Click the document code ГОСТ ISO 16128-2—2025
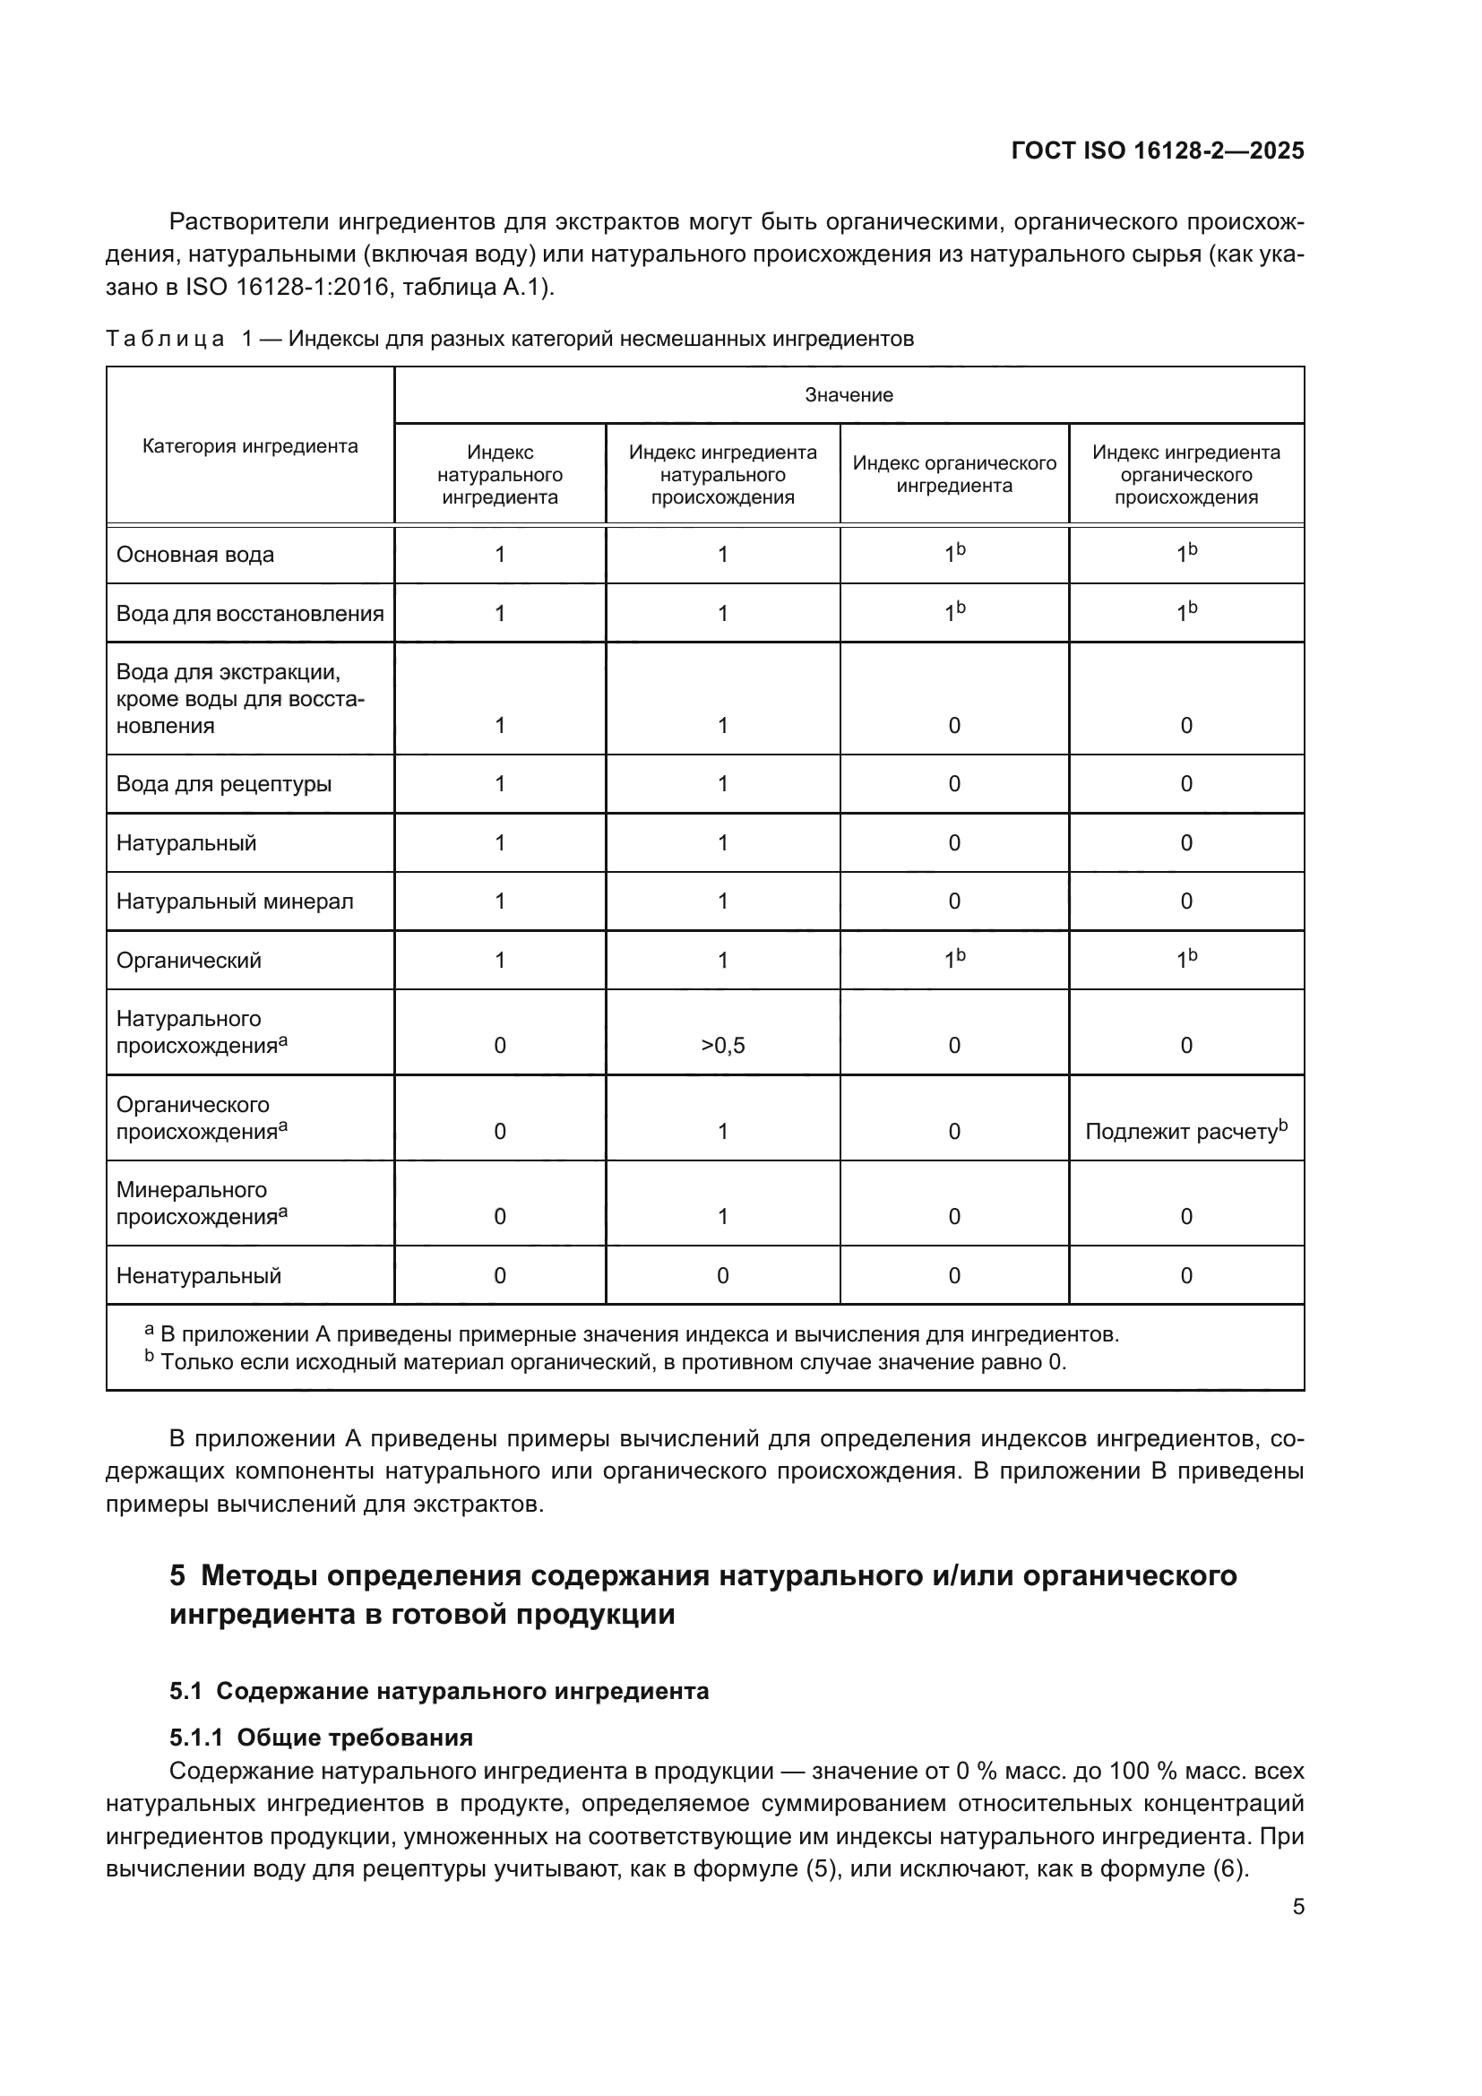coord(1157,151)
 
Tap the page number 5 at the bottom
coord(1297,1906)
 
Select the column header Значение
coord(848,395)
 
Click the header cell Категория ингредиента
coord(250,446)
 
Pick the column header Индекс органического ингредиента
coord(953,475)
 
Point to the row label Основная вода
coord(195,555)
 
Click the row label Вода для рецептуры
coord(224,784)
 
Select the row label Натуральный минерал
coord(235,902)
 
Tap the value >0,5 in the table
coord(722,1046)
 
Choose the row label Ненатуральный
coord(199,1276)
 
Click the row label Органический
coord(189,961)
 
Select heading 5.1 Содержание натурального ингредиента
coord(438,1692)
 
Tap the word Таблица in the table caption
coord(165,340)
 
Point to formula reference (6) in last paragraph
coord(1228,1868)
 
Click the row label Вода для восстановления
coord(250,614)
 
